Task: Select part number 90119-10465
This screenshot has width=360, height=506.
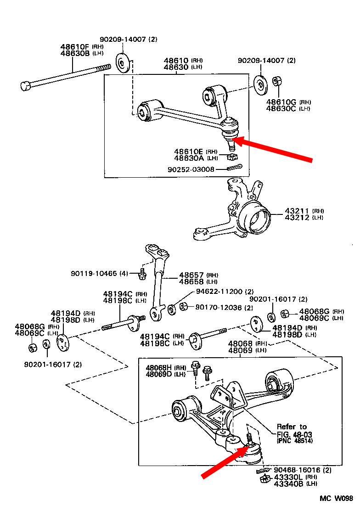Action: (99, 273)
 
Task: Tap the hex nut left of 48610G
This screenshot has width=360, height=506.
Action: (277, 82)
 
